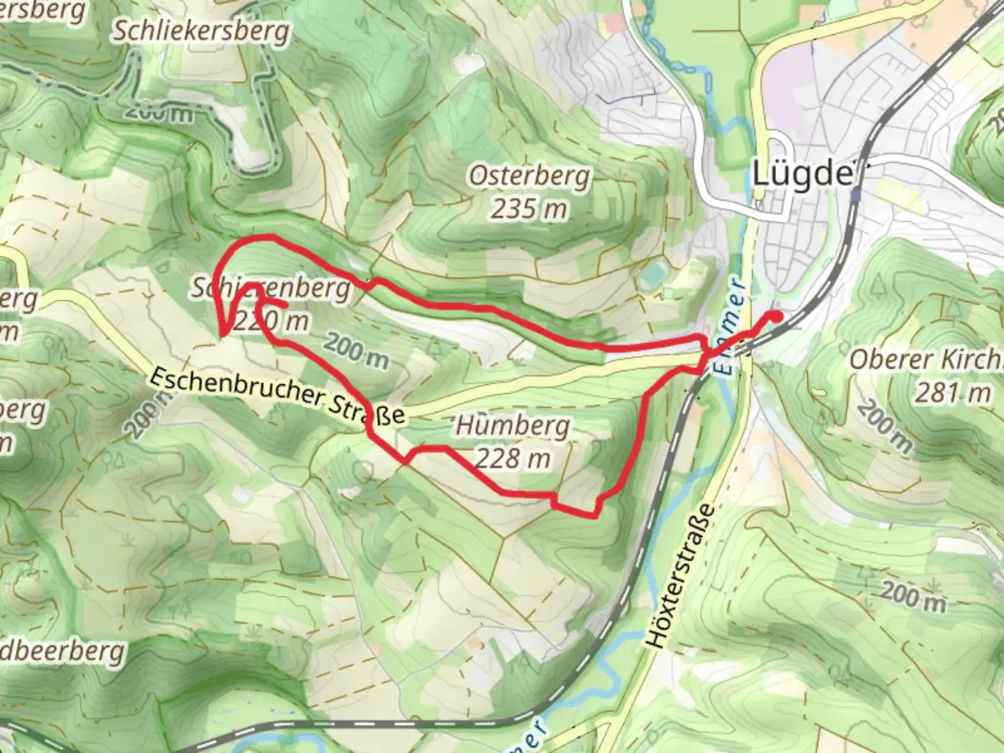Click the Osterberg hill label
[x=529, y=176]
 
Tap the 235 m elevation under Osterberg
[x=528, y=208]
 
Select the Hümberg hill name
[x=512, y=425]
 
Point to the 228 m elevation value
[x=513, y=459]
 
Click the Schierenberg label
[x=271, y=288]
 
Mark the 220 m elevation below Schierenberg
[x=272, y=321]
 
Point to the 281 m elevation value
[x=952, y=393]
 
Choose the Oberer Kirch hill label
[x=926, y=360]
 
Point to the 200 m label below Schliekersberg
[x=160, y=111]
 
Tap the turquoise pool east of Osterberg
[x=653, y=277]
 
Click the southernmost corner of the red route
[x=594, y=516]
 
